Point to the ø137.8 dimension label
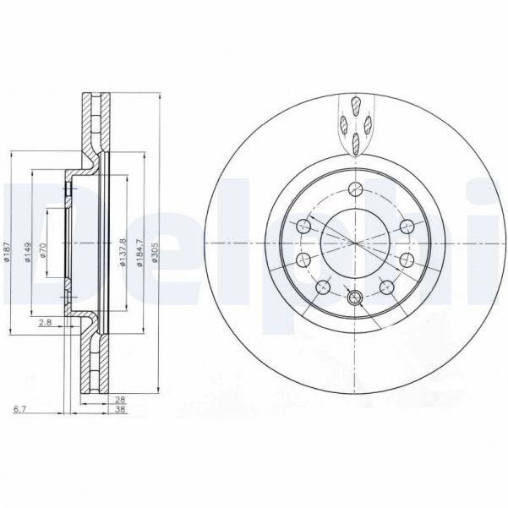[123, 252]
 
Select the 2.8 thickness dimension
[44, 322]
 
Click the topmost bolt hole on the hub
[356, 188]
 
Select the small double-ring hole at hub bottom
[355, 297]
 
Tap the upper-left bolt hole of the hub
[303, 226]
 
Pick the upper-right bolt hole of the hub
[407, 226]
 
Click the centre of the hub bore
[356, 243]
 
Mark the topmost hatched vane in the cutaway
[357, 107]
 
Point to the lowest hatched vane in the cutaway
[357, 143]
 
